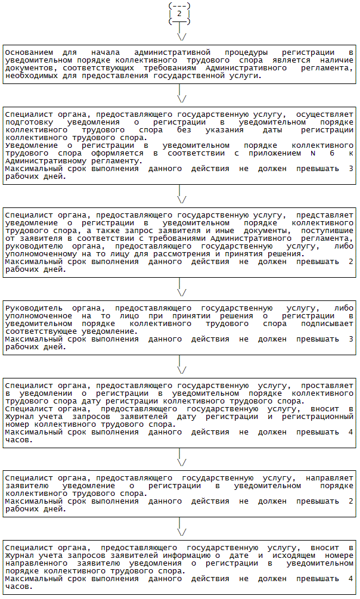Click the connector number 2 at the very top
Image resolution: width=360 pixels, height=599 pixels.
pyautogui.click(x=179, y=13)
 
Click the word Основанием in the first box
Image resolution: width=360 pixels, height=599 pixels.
pyautogui.click(x=28, y=52)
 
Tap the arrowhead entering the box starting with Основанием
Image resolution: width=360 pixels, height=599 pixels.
pyautogui.click(x=179, y=38)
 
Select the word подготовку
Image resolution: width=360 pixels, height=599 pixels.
pyautogui.click(x=28, y=122)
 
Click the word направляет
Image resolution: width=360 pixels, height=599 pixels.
pyautogui.click(x=330, y=479)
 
